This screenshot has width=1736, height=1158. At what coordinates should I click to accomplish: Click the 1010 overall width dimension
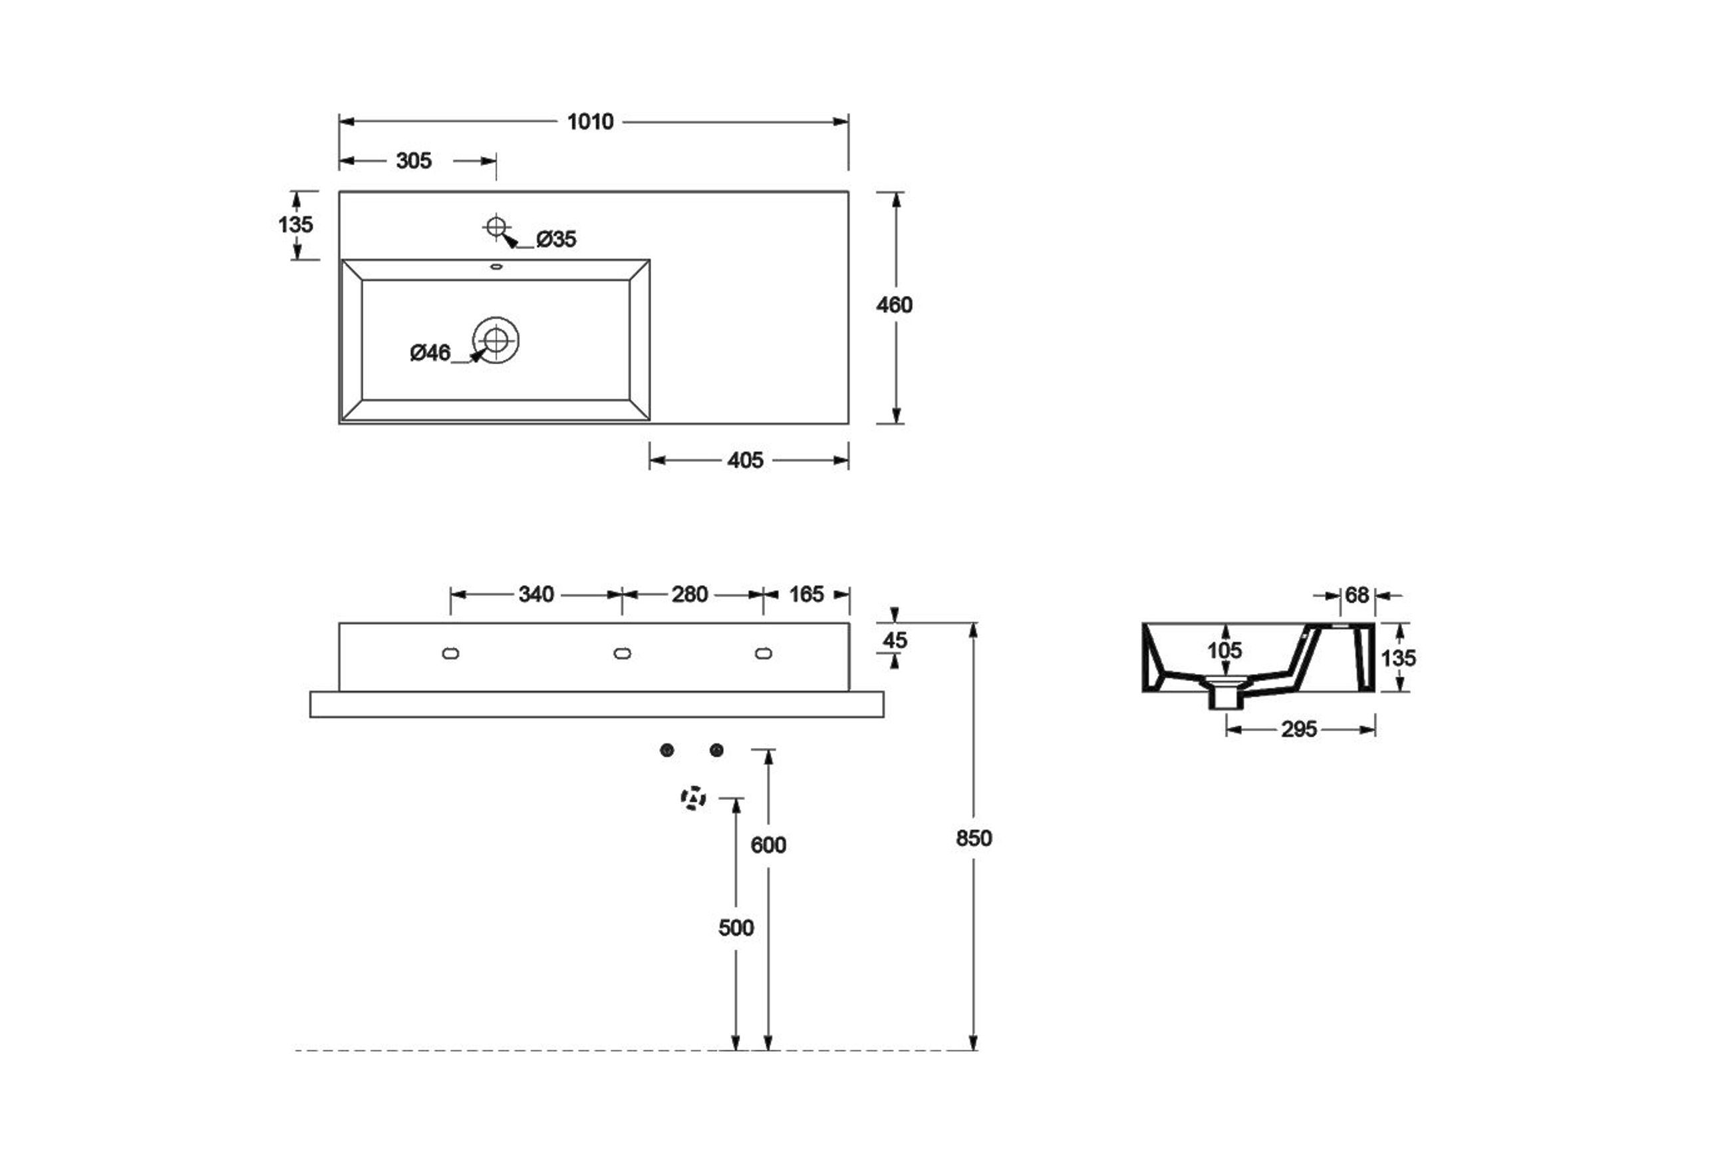point(590,122)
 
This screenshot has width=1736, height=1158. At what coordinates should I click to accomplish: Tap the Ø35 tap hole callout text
point(556,240)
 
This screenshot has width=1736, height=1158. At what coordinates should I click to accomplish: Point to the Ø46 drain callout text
point(430,353)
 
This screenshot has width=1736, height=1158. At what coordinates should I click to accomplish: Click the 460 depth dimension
point(895,305)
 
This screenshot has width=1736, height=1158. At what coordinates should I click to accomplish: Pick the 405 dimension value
point(745,461)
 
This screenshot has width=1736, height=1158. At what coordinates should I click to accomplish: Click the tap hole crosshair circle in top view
point(496,226)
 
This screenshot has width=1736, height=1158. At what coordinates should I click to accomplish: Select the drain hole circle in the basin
point(496,341)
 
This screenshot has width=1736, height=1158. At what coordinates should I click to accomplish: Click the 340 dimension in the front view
point(536,594)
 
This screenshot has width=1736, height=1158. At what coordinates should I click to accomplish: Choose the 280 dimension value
point(689,594)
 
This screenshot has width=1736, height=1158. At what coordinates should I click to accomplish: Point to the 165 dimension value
point(806,594)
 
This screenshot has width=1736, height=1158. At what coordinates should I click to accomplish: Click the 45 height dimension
point(895,640)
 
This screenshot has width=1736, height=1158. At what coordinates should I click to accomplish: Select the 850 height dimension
point(974,839)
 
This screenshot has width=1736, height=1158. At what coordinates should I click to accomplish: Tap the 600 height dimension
point(768,845)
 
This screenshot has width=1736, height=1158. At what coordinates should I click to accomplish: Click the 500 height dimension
point(736,928)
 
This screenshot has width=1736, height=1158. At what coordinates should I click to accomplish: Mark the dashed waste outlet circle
point(693,799)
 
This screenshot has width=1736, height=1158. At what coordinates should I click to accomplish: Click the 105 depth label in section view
point(1225,651)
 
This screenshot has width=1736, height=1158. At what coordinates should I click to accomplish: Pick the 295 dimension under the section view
point(1299,729)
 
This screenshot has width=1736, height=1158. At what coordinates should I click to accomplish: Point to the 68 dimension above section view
point(1357,595)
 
